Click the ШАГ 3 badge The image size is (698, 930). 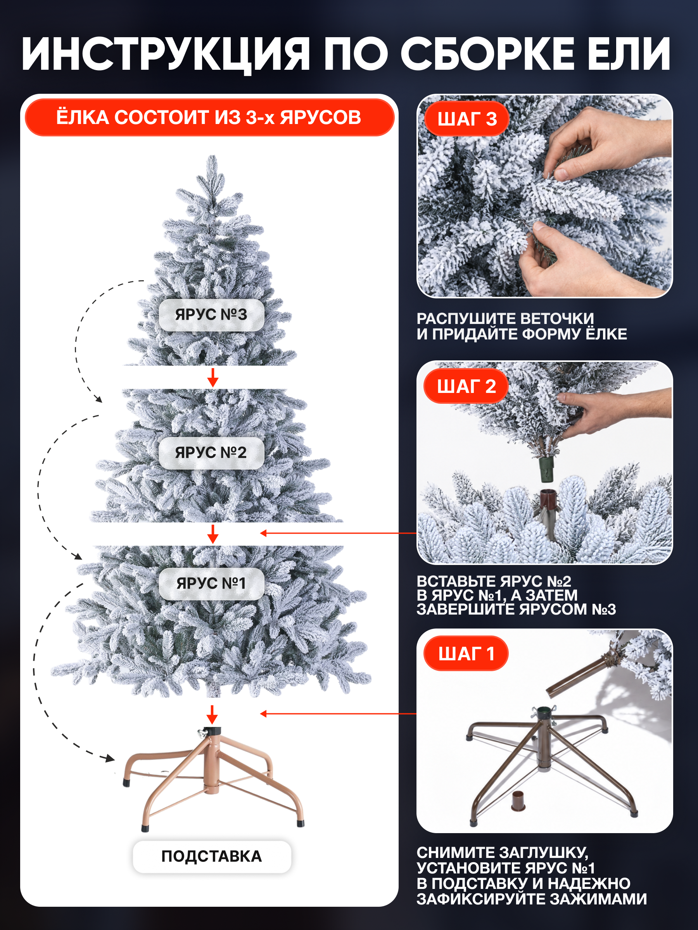tap(466, 119)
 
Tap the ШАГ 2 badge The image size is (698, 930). tap(466, 386)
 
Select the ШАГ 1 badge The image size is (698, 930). tap(466, 653)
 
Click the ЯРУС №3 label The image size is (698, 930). tap(211, 315)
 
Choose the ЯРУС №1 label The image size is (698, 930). tap(211, 583)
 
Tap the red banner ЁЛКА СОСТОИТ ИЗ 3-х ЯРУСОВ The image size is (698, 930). tap(209, 117)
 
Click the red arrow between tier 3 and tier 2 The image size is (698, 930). tap(213, 377)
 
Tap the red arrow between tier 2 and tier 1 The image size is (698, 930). tap(213, 534)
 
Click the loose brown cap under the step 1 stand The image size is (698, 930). tap(518, 801)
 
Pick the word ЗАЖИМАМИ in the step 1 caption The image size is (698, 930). tap(598, 899)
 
